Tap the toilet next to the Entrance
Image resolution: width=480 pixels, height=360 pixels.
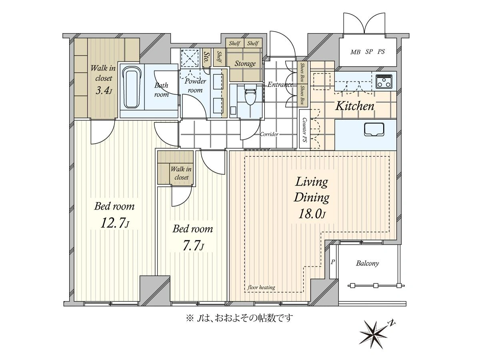coord(250,95)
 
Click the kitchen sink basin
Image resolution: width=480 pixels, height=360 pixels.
coord(374,130)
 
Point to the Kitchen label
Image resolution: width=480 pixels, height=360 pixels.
coord(354,106)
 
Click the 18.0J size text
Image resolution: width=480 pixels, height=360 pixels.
coord(312,214)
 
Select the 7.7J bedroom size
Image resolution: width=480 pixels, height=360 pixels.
coord(193,246)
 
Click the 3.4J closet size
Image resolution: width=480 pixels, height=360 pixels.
coord(104,90)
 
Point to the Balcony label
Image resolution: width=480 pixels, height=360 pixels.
coord(367,263)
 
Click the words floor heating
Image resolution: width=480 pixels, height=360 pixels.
coord(261,287)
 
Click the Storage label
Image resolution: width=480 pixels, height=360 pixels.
coord(245,64)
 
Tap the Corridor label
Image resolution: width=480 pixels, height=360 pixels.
coord(269,134)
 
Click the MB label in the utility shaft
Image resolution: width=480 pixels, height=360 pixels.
coord(355,52)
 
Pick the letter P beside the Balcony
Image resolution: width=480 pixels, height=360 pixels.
coord(333,262)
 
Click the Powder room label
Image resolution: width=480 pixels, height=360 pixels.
coord(195,86)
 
